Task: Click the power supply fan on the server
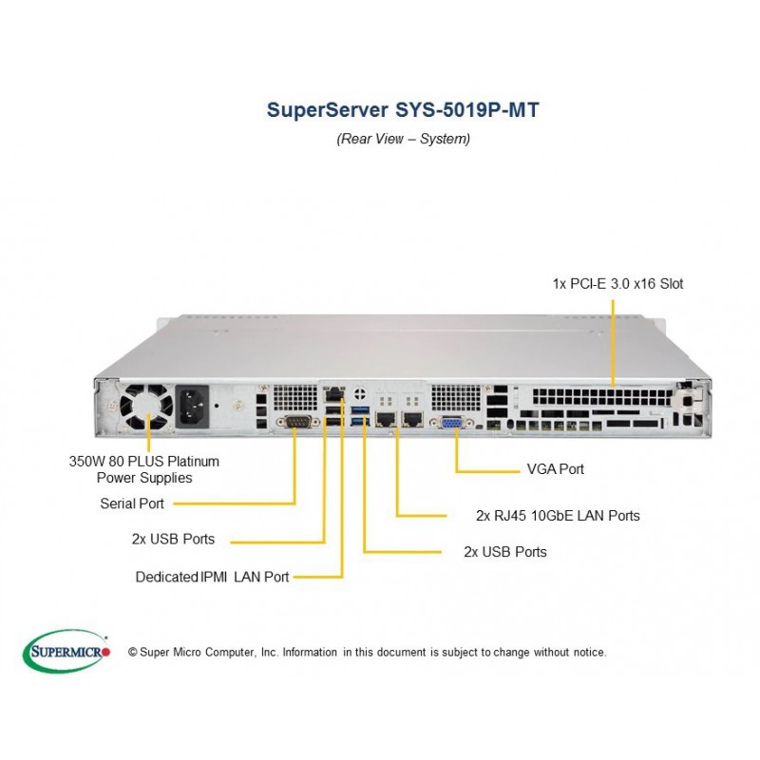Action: (146, 407)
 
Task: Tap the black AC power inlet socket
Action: (192, 407)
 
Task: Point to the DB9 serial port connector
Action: (297, 422)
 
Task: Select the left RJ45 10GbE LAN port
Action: (387, 418)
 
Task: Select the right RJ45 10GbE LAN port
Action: (412, 418)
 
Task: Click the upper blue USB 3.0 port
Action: (360, 410)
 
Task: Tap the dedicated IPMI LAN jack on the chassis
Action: (333, 393)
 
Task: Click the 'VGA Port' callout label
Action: (556, 469)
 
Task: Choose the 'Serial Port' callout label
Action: (132, 503)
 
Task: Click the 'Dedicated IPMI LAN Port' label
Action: (212, 577)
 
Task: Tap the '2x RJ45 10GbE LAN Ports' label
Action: (558, 516)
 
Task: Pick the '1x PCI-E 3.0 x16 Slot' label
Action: (618, 283)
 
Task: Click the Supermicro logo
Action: (66, 651)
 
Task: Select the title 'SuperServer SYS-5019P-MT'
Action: (403, 109)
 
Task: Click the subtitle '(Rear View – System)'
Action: (403, 139)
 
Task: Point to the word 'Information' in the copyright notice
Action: (310, 652)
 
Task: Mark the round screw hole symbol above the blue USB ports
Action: (360, 393)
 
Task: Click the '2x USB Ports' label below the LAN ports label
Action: (505, 552)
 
